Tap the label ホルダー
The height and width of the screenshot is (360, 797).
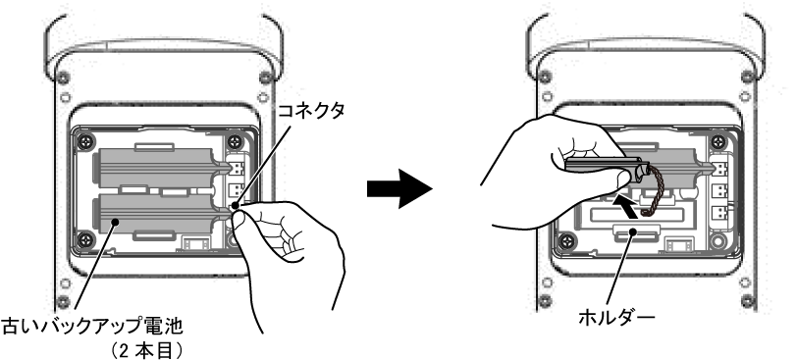pos(616,318)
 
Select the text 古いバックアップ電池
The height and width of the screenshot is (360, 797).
pos(92,327)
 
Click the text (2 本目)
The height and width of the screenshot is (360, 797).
pos(146,350)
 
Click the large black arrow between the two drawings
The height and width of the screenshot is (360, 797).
pos(399,189)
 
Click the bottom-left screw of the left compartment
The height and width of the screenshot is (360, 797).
pos(84,238)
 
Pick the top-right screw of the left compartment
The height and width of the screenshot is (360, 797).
pos(235,141)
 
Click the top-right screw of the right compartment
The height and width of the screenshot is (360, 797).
pos(717,141)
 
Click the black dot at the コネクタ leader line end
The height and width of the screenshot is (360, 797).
pos(235,206)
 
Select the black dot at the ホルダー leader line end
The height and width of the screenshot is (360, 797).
pos(633,231)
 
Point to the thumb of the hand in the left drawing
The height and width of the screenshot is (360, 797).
pos(239,220)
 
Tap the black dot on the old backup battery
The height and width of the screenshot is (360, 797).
pos(117,222)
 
